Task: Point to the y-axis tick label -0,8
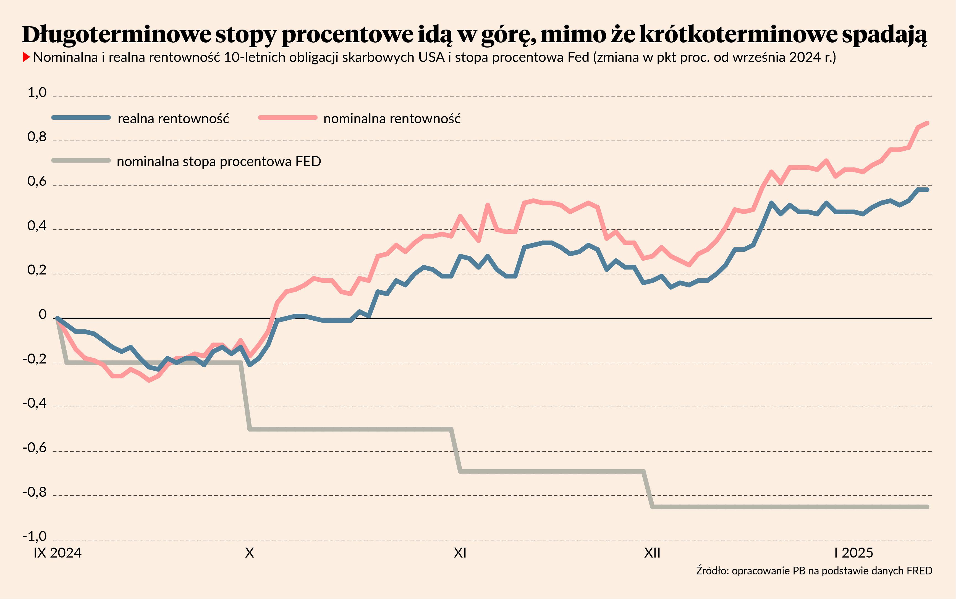[x=35, y=492]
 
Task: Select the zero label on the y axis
[x=42, y=315]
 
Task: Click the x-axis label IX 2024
[x=57, y=553]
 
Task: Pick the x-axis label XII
[x=652, y=553]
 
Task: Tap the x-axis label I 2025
[x=853, y=553]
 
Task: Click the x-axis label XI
[x=460, y=553]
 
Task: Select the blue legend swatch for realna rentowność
[x=81, y=118]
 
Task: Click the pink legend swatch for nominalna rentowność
[x=287, y=118]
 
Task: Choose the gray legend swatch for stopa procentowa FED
[x=81, y=160]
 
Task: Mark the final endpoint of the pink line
[x=927, y=123]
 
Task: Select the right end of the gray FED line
[x=927, y=507]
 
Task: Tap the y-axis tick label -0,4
[x=35, y=403]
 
